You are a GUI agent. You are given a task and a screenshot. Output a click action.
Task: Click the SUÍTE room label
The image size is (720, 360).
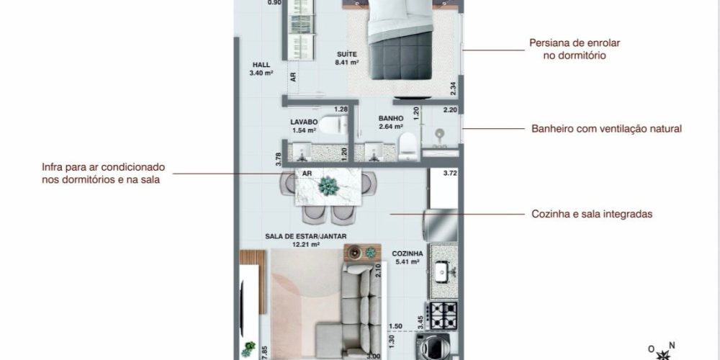tap(347, 54)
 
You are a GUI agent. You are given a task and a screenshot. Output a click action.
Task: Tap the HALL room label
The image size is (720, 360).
tap(261, 65)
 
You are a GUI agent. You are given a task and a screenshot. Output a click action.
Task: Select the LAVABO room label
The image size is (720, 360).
tap(304, 122)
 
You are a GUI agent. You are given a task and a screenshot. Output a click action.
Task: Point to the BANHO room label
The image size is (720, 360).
tap(391, 119)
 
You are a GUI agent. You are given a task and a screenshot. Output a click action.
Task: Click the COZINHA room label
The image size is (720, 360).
tap(408, 253)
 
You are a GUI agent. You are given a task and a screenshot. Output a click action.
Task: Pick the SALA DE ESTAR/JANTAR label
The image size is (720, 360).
tap(306, 236)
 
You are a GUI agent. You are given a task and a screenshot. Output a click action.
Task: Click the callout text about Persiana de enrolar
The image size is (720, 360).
tap(575, 49)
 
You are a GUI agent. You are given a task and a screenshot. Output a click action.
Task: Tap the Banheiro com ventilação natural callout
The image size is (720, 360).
tap(606, 129)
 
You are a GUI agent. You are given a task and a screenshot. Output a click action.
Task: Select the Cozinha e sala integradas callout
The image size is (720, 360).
tap(592, 214)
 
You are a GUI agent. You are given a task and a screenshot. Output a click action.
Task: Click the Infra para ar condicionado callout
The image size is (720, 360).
tap(103, 173)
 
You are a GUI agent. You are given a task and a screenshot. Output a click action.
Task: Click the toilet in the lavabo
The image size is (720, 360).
tap(333, 125)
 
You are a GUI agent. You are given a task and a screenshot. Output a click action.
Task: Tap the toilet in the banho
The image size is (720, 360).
tap(408, 147)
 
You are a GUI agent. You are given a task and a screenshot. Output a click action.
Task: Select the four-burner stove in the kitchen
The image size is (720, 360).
tap(441, 315)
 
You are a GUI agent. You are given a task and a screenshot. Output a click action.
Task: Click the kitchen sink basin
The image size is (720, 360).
tap(442, 271)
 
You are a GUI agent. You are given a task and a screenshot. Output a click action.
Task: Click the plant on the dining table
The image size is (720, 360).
tap(329, 186)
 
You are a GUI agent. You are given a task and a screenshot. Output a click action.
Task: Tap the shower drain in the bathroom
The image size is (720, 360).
tap(440, 134)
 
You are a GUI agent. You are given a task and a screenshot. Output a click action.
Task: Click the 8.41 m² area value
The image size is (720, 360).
tap(347, 63)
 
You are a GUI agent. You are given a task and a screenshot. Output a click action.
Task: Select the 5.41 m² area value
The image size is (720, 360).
tap(408, 262)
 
